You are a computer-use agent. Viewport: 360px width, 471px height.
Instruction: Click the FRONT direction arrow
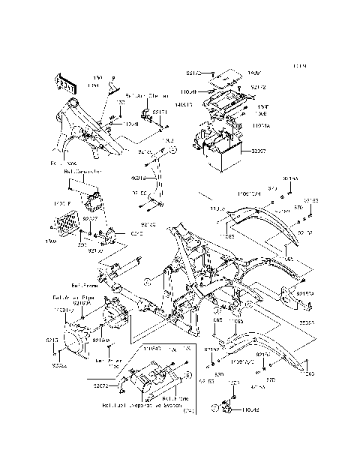[65, 83]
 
